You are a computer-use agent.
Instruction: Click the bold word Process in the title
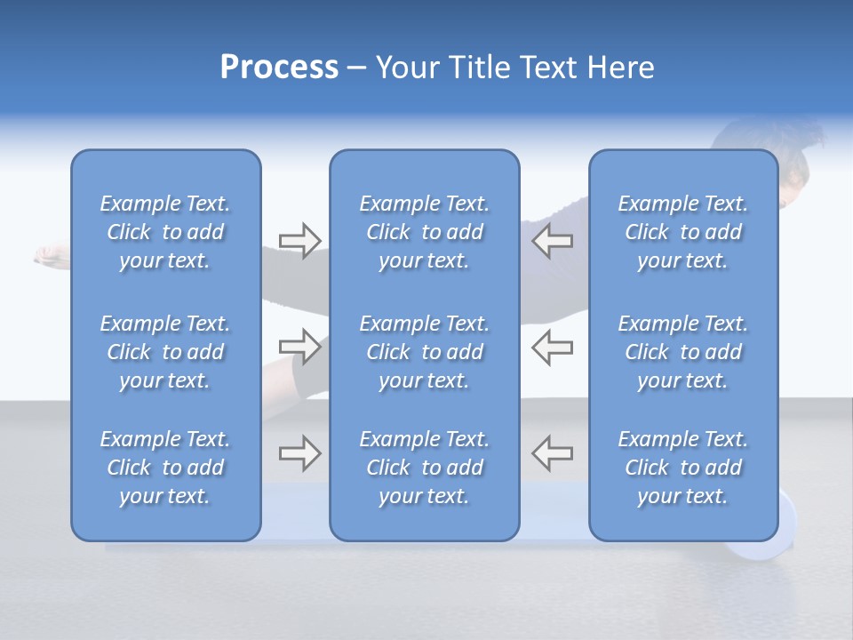coord(279,68)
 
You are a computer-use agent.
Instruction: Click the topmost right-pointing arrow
coord(299,241)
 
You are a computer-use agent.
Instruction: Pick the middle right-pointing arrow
coord(299,347)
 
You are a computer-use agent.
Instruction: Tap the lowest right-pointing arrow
coord(299,452)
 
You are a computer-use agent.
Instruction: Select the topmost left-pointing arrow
coord(552,241)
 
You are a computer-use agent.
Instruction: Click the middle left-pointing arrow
coord(552,347)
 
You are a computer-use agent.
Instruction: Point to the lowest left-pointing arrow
coord(552,452)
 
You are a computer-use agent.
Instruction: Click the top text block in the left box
coord(165,232)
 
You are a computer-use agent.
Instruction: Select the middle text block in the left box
coord(165,352)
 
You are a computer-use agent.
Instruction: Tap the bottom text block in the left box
coord(165,468)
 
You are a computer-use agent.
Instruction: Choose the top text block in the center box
coord(424,232)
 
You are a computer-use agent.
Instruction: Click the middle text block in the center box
coord(424,352)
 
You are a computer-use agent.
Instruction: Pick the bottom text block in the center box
coord(424,468)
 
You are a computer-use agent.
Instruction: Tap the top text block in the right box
coord(682,232)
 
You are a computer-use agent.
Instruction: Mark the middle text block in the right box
coord(682,352)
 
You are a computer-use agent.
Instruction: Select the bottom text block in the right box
coord(682,468)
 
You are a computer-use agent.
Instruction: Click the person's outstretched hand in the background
coord(46,255)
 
